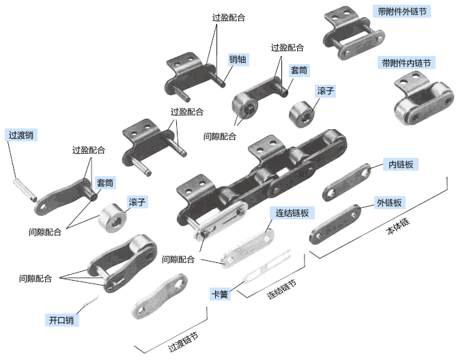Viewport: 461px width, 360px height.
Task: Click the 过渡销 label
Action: pos(21,135)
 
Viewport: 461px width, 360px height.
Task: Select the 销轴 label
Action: pos(238,59)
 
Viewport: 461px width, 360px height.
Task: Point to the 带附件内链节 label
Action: pos(406,63)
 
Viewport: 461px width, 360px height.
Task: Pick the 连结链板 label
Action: pos(292,212)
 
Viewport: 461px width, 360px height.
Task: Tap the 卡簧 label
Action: pos(220,294)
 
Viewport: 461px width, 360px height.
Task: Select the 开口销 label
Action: pos(61,320)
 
